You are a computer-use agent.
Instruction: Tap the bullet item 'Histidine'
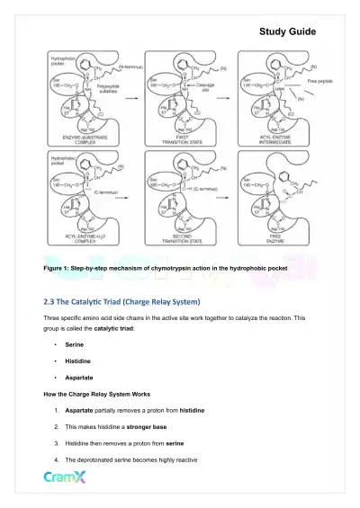pos(78,367)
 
